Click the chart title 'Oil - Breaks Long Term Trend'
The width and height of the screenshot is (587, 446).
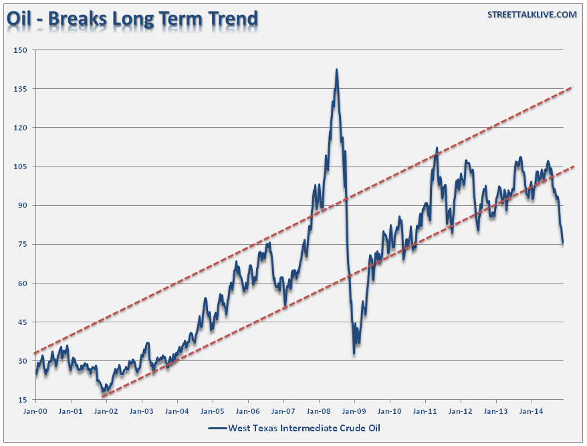click(x=132, y=19)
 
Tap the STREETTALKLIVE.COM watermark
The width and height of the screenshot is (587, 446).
click(x=532, y=15)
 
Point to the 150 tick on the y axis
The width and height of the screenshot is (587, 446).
click(x=20, y=50)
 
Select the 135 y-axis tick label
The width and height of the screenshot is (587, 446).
click(x=20, y=89)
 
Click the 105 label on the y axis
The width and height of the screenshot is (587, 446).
click(x=20, y=166)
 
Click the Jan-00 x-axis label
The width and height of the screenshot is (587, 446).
click(x=35, y=411)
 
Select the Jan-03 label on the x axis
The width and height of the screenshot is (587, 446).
click(x=142, y=411)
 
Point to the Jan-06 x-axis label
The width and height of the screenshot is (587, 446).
click(x=248, y=411)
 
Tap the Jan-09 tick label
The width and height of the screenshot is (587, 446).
click(x=354, y=411)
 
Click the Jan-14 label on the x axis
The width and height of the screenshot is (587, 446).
click(x=531, y=411)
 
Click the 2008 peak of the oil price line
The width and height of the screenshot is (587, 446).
click(x=336, y=70)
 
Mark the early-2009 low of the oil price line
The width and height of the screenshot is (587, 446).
click(x=354, y=352)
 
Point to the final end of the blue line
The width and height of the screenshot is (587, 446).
click(x=563, y=243)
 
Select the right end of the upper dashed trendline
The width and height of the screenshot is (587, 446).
click(x=574, y=87)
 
